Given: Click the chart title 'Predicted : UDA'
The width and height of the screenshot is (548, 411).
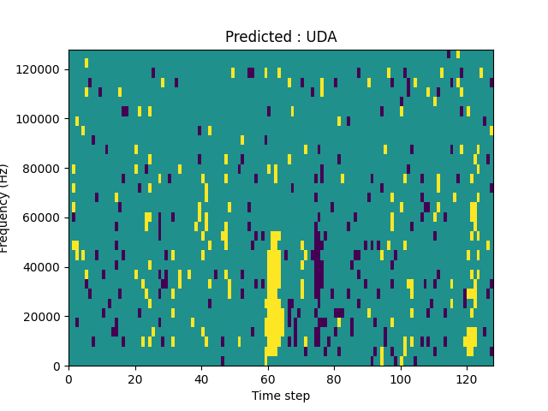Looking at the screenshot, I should (281, 37).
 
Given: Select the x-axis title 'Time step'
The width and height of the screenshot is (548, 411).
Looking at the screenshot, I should (281, 396).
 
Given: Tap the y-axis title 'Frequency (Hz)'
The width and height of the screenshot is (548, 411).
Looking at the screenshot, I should (6, 208).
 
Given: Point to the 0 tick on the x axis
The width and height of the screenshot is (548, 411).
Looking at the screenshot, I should (68, 378).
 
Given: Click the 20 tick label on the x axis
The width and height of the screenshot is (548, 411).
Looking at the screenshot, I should (134, 378).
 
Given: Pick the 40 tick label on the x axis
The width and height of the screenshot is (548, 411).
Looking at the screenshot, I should (201, 378).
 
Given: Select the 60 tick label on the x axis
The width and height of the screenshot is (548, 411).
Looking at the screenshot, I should (267, 378).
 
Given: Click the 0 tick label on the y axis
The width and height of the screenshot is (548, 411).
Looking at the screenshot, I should (58, 366).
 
